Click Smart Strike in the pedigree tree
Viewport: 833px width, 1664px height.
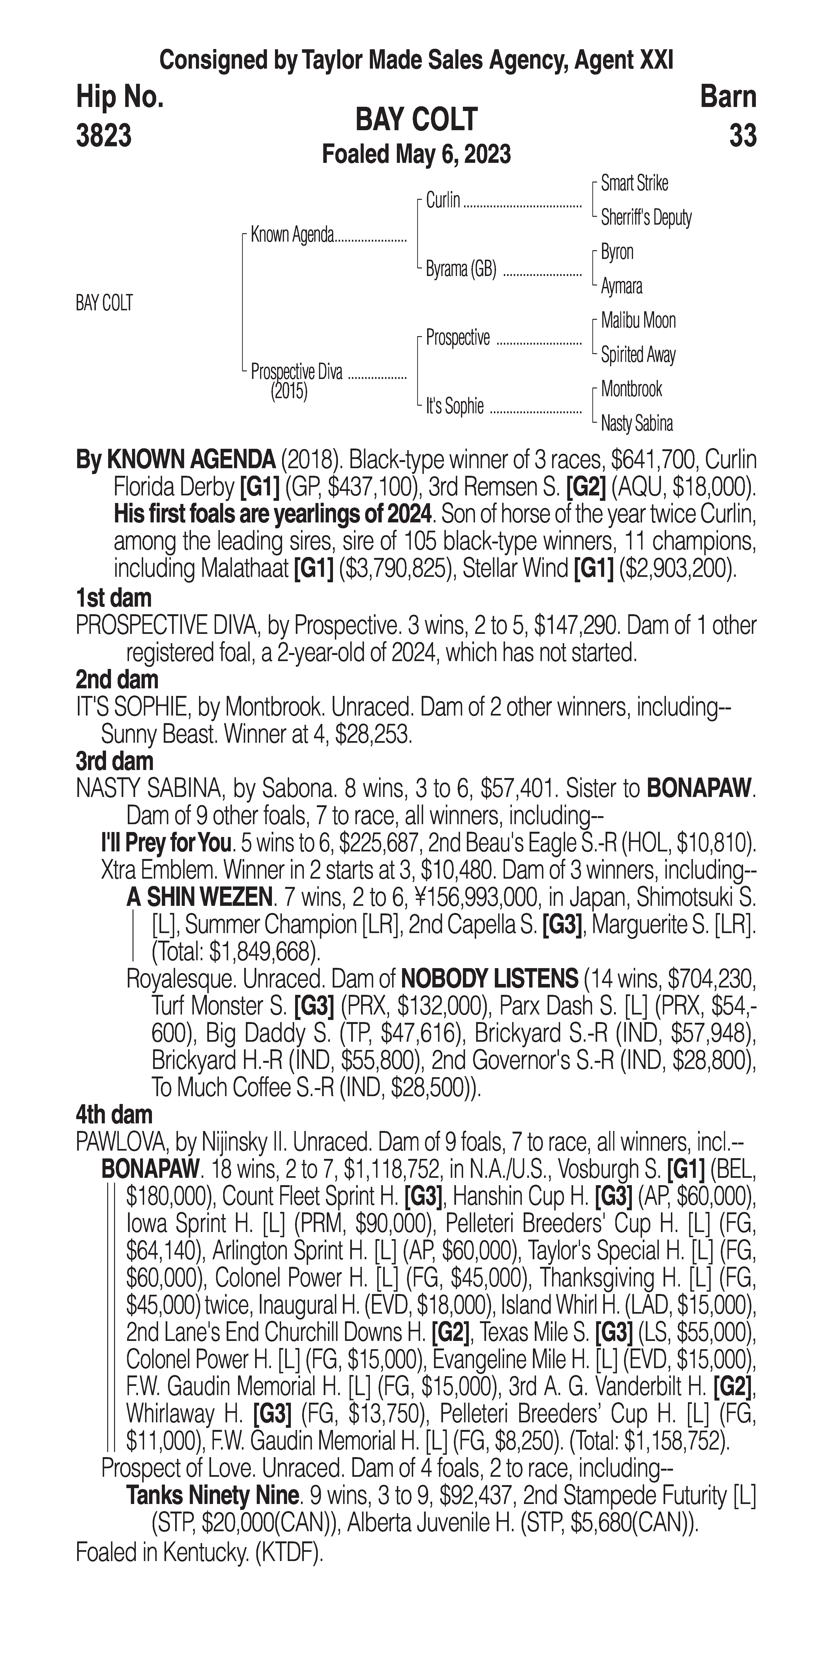(634, 183)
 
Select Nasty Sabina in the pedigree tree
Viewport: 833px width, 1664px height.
(637, 424)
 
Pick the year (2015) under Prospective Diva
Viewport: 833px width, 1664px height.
(289, 392)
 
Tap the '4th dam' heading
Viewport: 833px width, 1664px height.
(114, 1115)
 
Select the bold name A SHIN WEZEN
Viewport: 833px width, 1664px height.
(199, 897)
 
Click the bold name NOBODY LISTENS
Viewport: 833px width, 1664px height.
(489, 979)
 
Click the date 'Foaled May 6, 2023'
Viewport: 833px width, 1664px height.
(416, 154)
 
